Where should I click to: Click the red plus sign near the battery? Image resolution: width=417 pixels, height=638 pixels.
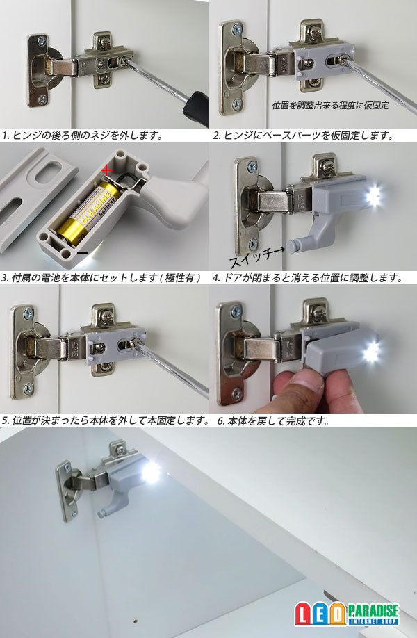point(106,170)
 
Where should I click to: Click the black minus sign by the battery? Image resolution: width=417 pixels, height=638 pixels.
point(83,253)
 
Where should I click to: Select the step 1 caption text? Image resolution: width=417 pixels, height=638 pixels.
point(83,136)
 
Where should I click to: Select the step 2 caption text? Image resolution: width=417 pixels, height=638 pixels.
point(304,136)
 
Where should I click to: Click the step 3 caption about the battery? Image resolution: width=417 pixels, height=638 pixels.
point(101,278)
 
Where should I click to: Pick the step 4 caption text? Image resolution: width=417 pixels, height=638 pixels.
point(308,278)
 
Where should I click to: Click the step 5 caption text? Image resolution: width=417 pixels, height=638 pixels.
point(106,420)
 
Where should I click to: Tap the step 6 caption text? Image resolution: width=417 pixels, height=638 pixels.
point(273,420)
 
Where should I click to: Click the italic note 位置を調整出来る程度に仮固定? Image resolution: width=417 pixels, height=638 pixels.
point(330,106)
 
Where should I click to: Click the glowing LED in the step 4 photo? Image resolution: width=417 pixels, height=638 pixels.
point(373,196)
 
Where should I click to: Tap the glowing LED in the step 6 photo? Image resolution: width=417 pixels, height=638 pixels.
point(370,352)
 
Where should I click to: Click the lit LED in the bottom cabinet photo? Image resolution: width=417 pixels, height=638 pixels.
point(150,472)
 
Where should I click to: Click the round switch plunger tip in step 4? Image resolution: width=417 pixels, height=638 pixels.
point(291,246)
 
